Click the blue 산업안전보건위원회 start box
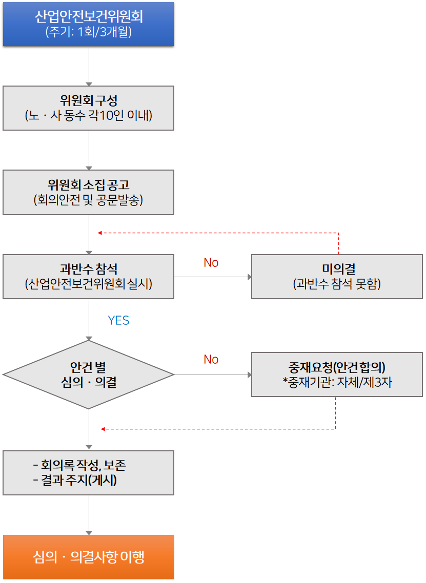click(88, 24)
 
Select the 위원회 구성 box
click(88, 108)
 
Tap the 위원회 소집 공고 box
click(88, 192)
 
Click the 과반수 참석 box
click(88, 276)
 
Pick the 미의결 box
click(337, 276)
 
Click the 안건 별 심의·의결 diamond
click(88, 374)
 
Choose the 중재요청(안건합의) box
click(337, 374)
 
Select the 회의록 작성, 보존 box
click(88, 472)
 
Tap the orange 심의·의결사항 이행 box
click(88, 557)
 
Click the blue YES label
click(118, 321)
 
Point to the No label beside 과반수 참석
click(211, 263)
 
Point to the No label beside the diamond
click(211, 360)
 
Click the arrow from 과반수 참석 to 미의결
click(213, 277)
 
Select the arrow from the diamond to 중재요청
click(213, 375)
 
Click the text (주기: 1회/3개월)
click(88, 32)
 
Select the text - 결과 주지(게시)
click(75, 481)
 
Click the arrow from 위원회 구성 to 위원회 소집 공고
click(89, 150)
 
